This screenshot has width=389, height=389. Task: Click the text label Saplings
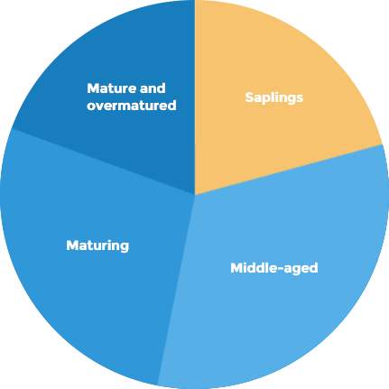(274, 97)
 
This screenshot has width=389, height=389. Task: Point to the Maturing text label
(97, 245)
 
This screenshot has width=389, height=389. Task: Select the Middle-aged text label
(274, 268)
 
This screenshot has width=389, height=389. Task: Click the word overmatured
(132, 106)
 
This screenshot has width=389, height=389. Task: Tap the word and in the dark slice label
(153, 88)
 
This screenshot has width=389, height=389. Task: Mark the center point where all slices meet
(195, 195)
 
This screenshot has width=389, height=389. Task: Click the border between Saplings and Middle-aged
(289, 170)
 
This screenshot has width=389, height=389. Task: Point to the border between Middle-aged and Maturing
(176, 290)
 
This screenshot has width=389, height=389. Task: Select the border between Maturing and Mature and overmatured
(103, 162)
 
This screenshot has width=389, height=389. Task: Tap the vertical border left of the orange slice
(195, 97)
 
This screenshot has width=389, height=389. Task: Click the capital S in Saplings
(249, 97)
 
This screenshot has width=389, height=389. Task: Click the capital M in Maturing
(72, 245)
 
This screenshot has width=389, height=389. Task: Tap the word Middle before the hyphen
(253, 267)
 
